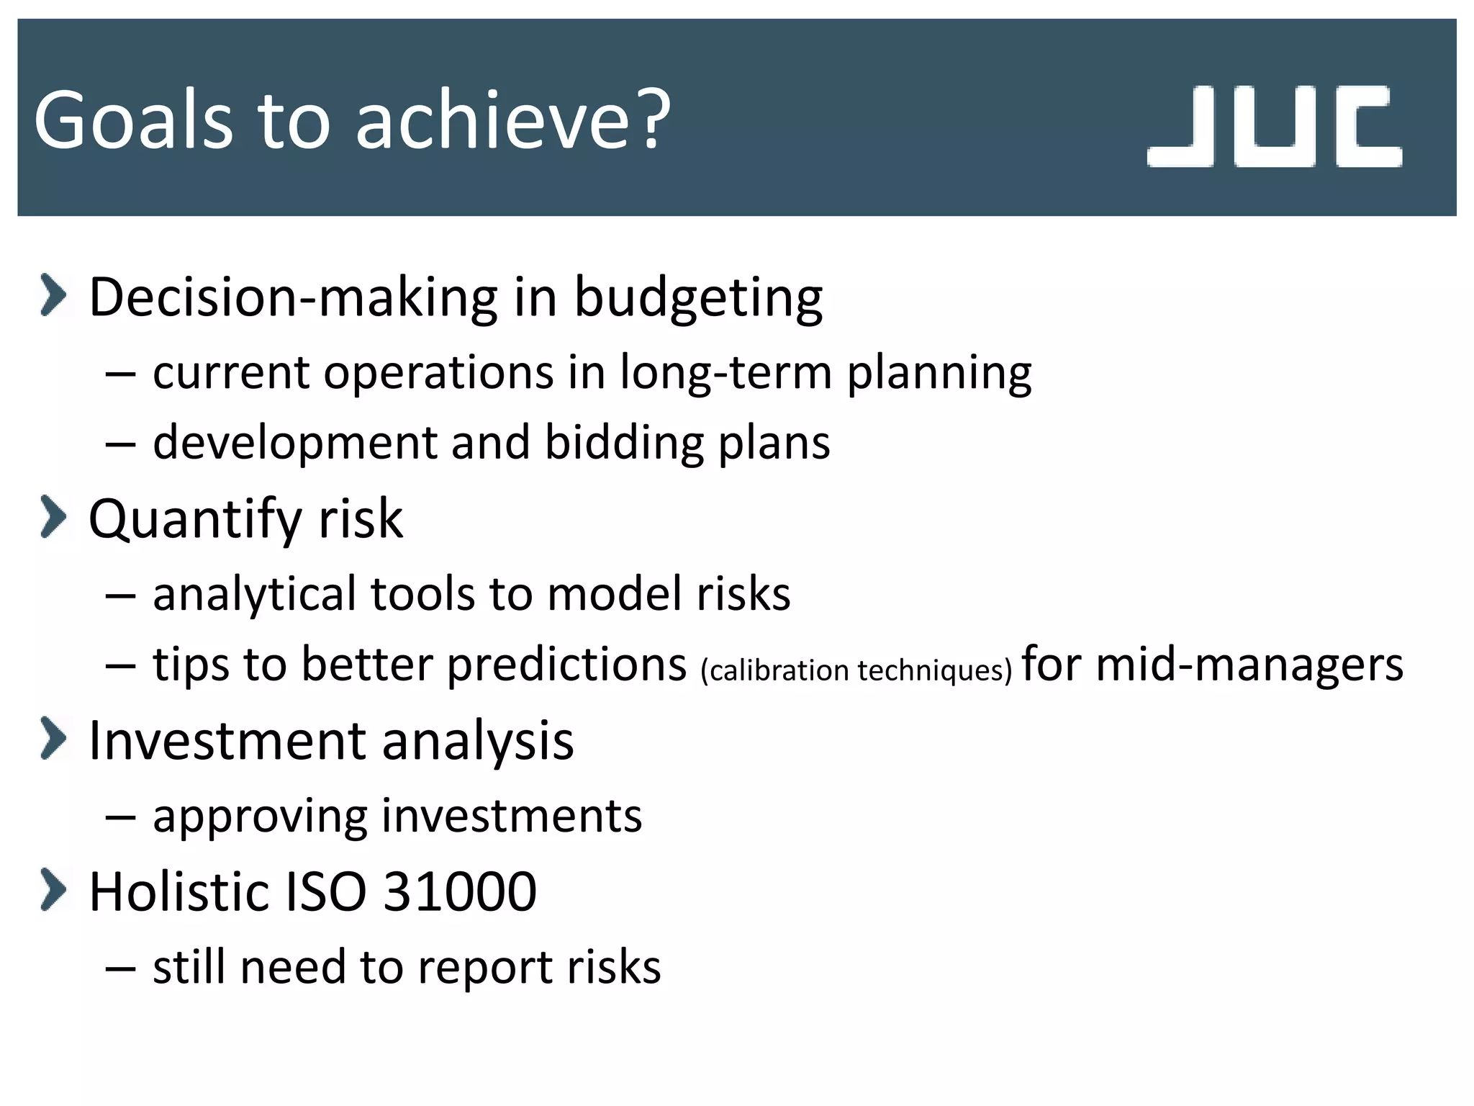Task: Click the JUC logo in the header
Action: [1274, 126]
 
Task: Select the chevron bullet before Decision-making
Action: [53, 295]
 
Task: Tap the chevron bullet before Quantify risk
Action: [53, 516]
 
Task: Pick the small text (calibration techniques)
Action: [856, 670]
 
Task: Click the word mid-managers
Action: [1249, 664]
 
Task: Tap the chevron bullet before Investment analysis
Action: [53, 738]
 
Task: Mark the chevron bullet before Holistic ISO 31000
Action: [53, 889]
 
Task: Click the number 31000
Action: [460, 891]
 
